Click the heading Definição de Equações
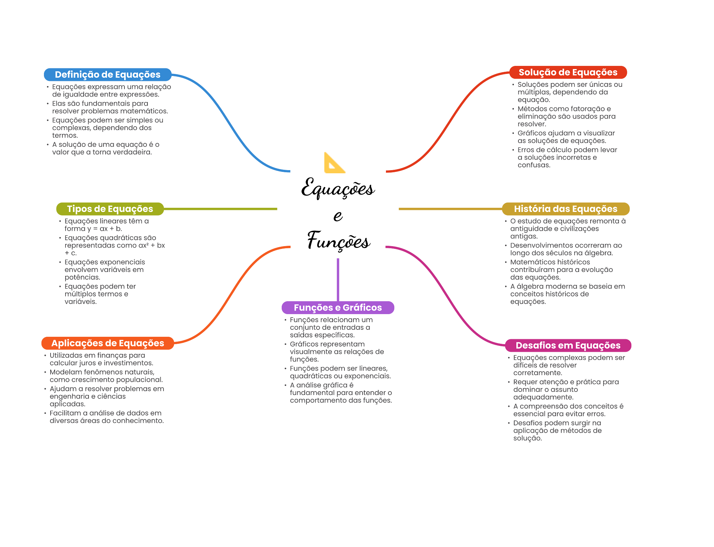pos(107,75)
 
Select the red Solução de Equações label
pos(568,73)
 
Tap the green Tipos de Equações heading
pos(110,209)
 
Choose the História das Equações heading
pos(565,209)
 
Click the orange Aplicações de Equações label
pos(107,343)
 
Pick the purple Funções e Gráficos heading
pos(337,307)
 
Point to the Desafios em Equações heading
pos(568,345)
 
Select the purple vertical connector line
pos(338,279)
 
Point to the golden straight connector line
pos(450,209)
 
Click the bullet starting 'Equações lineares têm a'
pos(106,225)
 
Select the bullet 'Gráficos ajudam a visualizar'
pos(566,137)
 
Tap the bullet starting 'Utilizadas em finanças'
pos(101,359)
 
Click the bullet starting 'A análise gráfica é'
pos(340,393)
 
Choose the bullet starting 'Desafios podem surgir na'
pos(557,431)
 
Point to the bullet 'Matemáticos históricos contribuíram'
pos(561,269)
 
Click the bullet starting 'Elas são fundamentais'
pos(109,107)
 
